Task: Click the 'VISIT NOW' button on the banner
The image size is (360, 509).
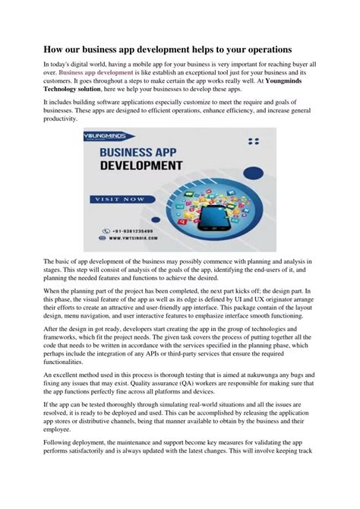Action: (x=119, y=199)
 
